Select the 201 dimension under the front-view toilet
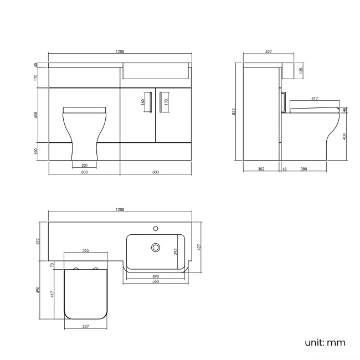[84, 165]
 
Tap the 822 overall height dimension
[234, 111]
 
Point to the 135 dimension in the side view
[301, 71]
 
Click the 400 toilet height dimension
[344, 136]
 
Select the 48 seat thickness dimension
[344, 110]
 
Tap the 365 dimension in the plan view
[86, 251]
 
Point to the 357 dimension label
[86, 327]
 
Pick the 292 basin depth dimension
[176, 251]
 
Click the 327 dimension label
[38, 241]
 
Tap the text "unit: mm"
[325, 342]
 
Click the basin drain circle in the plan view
[156, 248]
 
